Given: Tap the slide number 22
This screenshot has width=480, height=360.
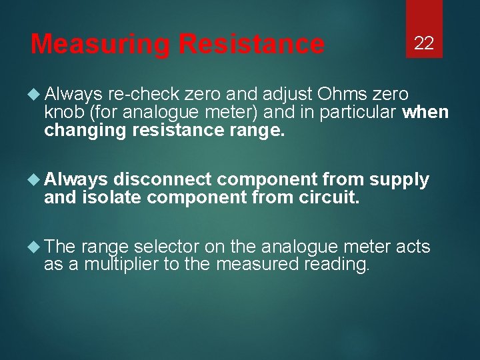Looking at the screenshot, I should click(x=424, y=44).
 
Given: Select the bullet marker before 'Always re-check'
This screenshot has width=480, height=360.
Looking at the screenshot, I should click(x=37, y=94).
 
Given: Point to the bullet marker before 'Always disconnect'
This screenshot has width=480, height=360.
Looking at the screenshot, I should click(x=37, y=179).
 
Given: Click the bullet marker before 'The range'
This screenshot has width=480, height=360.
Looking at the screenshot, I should click(x=37, y=247).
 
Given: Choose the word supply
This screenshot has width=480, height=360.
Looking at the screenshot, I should click(x=399, y=179).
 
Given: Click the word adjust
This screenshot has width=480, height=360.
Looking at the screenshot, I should click(x=291, y=94).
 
